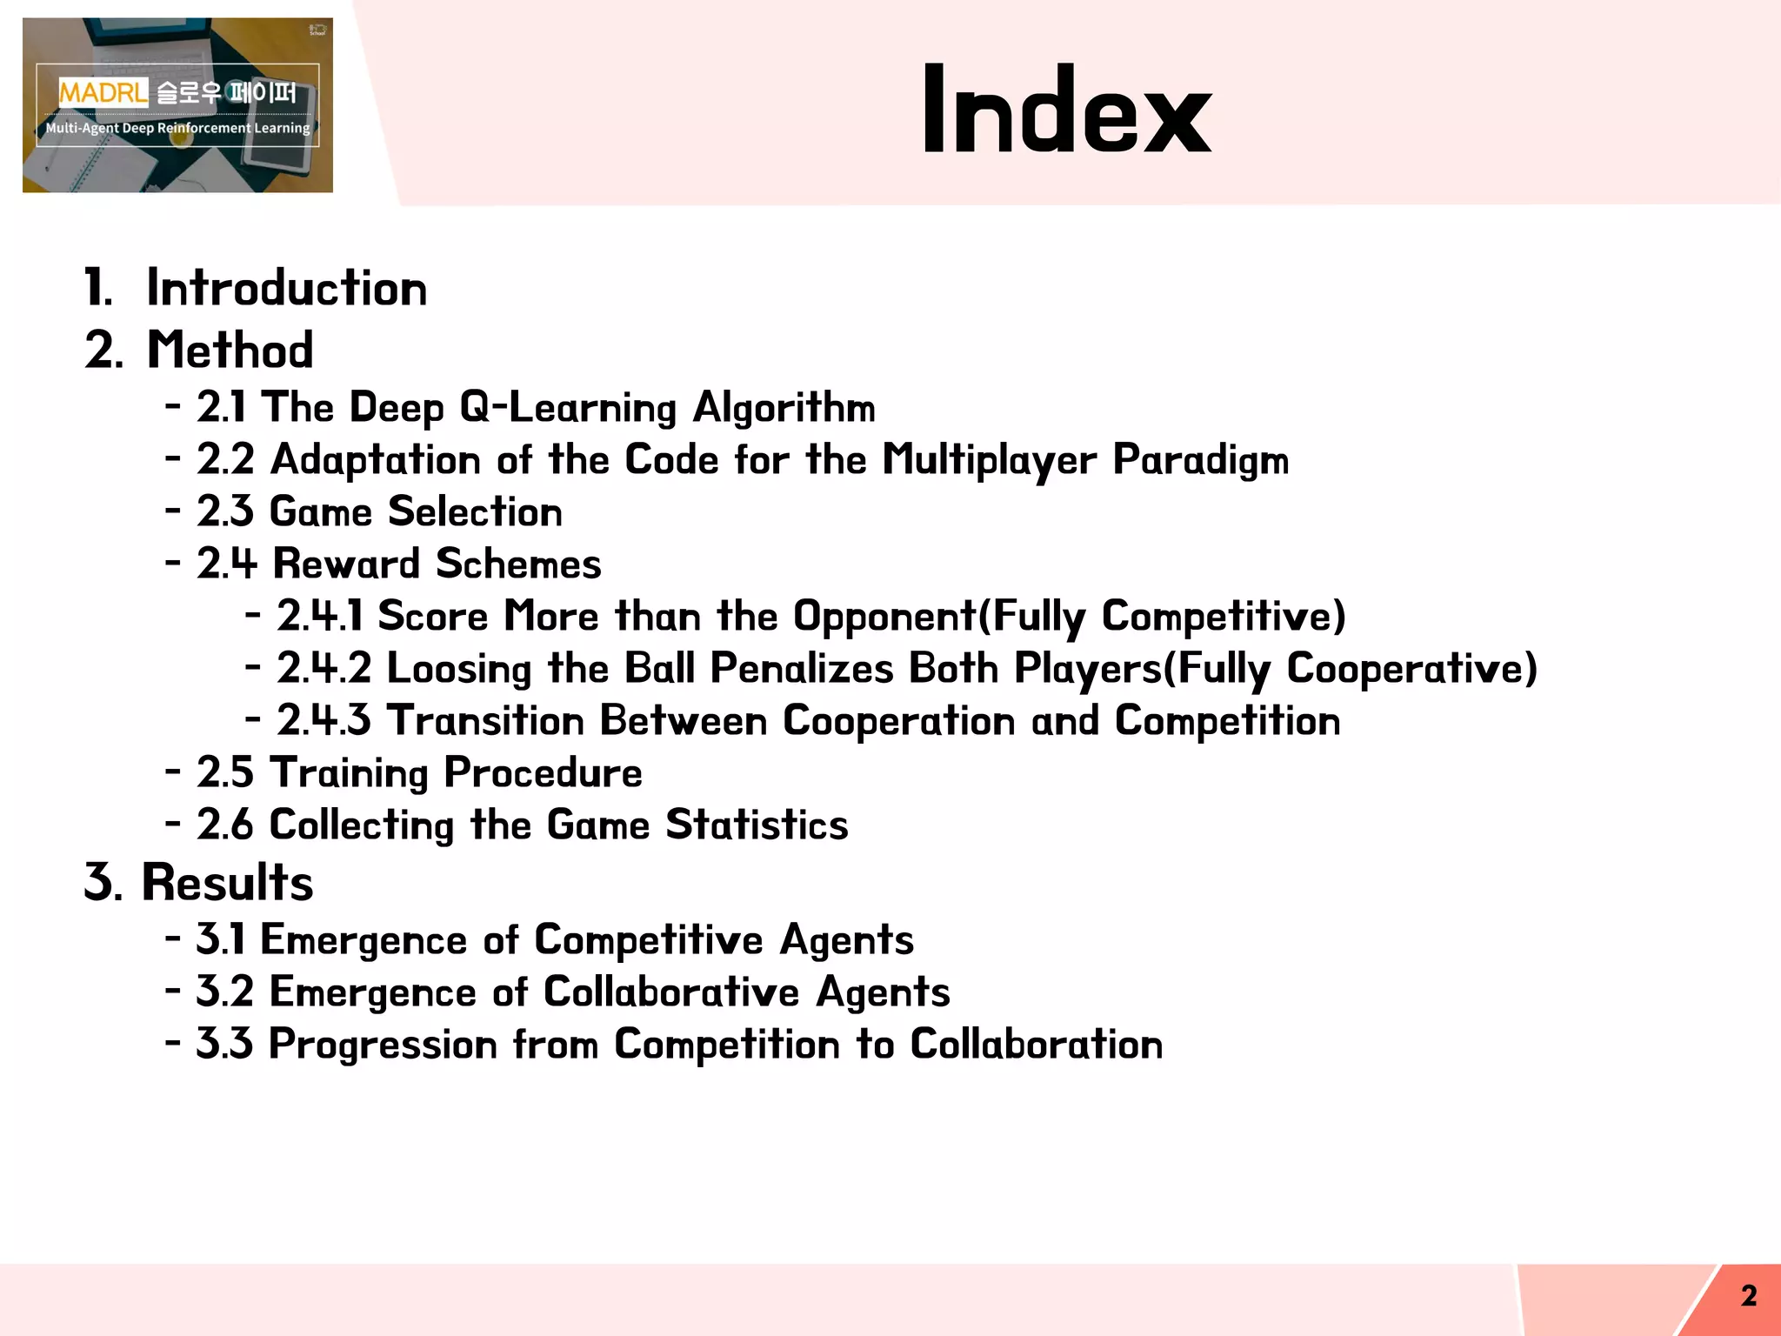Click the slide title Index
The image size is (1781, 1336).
(1066, 110)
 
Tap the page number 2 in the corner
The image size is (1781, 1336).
(1749, 1296)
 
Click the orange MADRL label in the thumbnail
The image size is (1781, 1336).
(103, 91)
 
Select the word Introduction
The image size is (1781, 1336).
(287, 288)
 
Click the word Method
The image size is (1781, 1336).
(230, 350)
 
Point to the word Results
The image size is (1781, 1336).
(227, 882)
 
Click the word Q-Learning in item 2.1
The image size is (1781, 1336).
(568, 407)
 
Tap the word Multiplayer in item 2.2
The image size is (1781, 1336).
(990, 459)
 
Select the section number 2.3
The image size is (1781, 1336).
(225, 511)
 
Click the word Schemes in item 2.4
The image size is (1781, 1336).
(518, 564)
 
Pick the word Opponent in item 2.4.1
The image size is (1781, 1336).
(885, 616)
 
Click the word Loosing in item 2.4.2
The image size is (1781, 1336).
(459, 668)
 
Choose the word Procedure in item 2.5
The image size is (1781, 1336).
(544, 772)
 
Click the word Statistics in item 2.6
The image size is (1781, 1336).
(757, 825)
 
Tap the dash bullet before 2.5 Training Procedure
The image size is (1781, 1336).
(173, 771)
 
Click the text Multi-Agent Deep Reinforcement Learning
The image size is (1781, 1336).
(177, 128)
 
